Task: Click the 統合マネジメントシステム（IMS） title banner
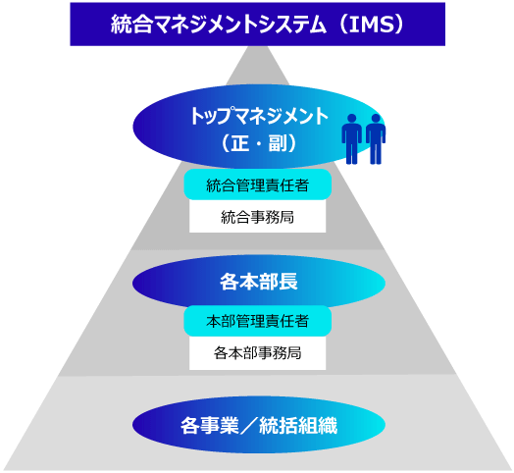(257, 24)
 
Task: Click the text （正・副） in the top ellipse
(259, 143)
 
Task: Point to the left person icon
(352, 138)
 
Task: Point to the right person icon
(376, 138)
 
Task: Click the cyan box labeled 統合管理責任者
(257, 184)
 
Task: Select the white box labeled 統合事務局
(257, 217)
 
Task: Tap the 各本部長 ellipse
(259, 283)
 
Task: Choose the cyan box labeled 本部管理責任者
(257, 321)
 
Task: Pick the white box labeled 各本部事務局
(257, 353)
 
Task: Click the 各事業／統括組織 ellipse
(259, 425)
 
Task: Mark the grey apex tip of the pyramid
(257, 46)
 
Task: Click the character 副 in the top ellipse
(278, 143)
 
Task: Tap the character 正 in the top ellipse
(239, 143)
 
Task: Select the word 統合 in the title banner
(131, 25)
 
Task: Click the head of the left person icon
(352, 118)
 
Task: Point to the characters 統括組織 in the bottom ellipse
(298, 426)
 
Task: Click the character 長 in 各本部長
(287, 282)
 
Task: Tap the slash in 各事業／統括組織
(249, 426)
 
